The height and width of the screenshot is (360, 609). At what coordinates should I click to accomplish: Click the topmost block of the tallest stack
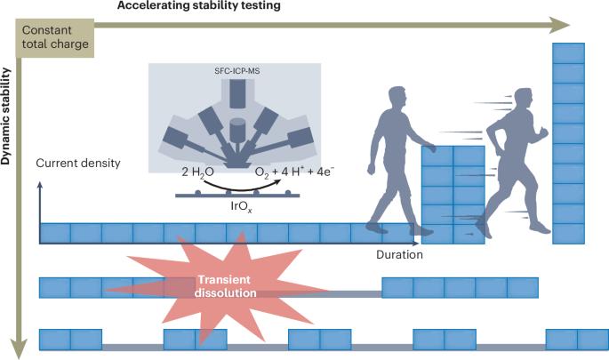[568, 52]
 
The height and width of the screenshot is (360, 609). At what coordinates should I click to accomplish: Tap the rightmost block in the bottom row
[592, 339]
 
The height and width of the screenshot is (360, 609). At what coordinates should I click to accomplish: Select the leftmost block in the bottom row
[55, 339]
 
